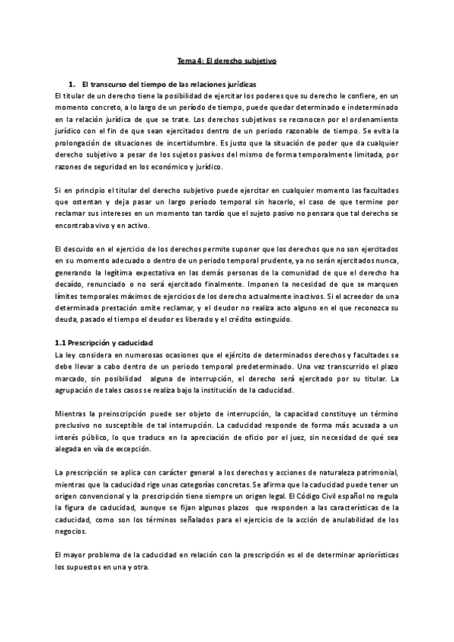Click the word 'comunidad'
[291, 273]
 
